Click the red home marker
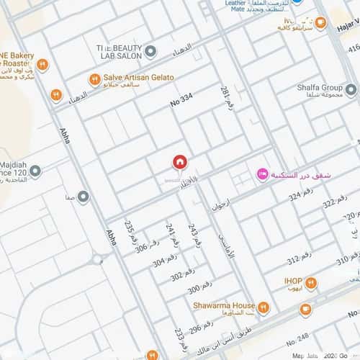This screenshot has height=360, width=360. (179, 163)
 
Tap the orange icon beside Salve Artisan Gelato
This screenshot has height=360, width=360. (94, 78)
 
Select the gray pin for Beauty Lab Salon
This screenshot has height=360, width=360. (150, 51)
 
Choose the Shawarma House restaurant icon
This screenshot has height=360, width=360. (263, 309)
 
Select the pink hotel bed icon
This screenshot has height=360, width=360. (263, 174)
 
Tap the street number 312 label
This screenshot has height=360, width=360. (299, 258)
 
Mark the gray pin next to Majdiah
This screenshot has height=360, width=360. (35, 171)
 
